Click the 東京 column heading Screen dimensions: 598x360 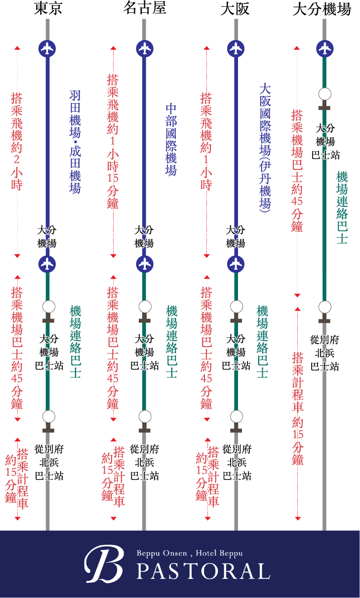48,9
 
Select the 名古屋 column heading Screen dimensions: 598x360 144,9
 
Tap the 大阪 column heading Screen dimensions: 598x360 236,9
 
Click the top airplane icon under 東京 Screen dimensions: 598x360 47,48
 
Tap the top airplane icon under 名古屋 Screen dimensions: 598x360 144,48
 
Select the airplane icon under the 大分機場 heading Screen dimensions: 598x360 324,48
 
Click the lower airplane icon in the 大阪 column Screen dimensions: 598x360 236,264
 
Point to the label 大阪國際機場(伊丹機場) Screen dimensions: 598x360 265,147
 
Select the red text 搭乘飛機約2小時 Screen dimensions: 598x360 17,141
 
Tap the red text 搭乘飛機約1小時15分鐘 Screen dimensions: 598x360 113,141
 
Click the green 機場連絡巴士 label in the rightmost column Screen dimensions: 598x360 342,207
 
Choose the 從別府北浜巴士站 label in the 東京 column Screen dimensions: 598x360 49,463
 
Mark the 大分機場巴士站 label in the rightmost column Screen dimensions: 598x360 325,141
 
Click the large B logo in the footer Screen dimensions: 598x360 103,564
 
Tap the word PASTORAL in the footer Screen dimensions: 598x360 203,571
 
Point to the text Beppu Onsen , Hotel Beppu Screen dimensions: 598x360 190,554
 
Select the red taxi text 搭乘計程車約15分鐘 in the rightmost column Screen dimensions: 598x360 298,408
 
